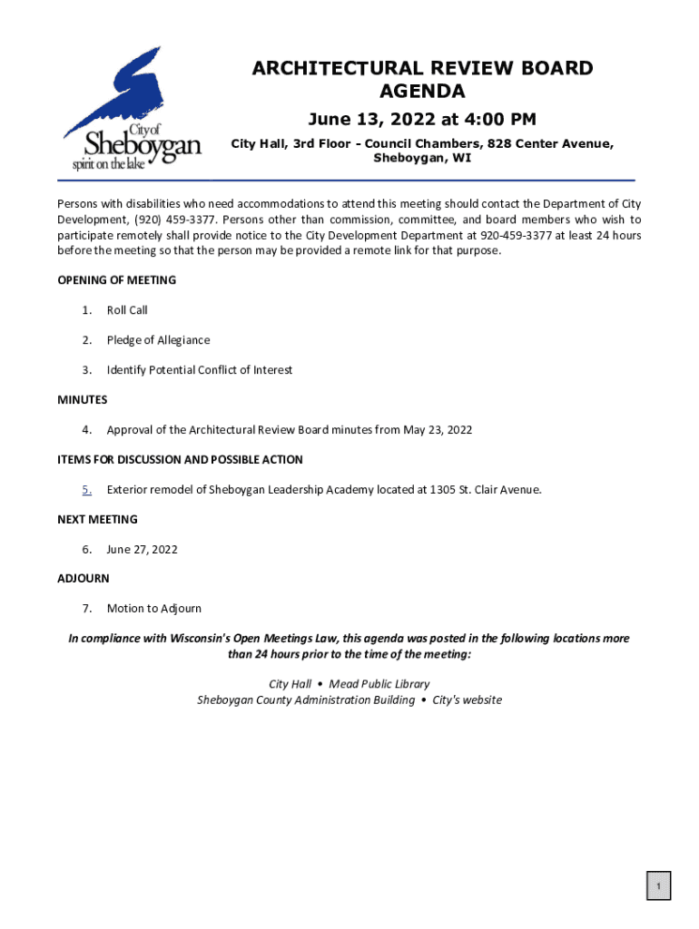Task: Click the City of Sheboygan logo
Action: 132,109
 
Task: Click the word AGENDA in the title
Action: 422,92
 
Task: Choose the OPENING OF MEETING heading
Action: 116,280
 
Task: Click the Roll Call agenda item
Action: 127,310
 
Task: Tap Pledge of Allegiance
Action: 158,340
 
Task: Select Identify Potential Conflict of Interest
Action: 199,370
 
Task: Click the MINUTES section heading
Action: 83,400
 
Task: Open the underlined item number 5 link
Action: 86,490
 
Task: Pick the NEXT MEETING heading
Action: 97,520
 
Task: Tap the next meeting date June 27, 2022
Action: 142,550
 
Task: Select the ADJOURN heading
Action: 84,579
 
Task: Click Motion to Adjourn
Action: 153,609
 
